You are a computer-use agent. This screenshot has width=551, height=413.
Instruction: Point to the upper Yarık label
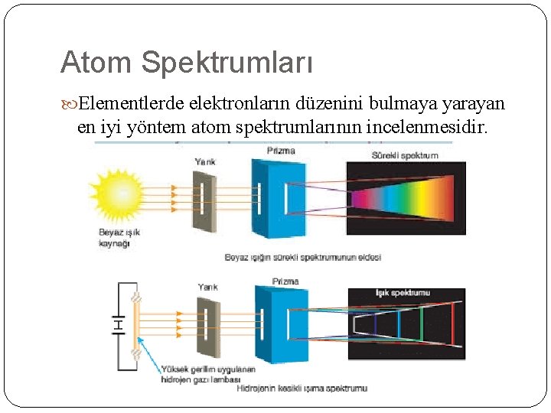click(205, 162)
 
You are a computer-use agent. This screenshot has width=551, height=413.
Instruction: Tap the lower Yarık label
click(207, 287)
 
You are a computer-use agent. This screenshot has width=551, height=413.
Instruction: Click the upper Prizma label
click(281, 151)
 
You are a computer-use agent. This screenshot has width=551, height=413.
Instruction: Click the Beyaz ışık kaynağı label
click(119, 237)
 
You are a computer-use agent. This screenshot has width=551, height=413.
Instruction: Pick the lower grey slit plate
click(207, 325)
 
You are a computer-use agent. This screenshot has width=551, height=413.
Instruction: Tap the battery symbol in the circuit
click(118, 325)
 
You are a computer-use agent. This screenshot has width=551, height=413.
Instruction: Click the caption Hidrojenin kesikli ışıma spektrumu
click(302, 389)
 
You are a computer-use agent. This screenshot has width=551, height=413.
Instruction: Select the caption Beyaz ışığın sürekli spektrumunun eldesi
click(302, 257)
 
